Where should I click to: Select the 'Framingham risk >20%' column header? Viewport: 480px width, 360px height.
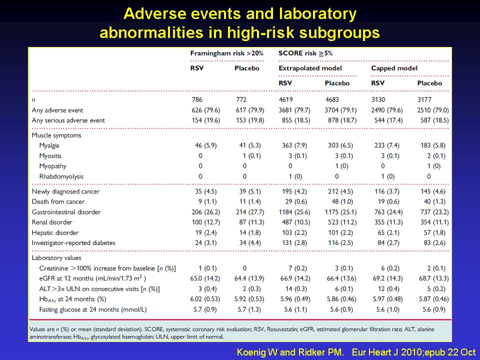point(227,53)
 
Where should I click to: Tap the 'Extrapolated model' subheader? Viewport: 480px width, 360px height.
point(310,68)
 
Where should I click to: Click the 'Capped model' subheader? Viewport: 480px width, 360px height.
point(394,68)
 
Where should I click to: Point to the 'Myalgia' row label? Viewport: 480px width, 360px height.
point(49,145)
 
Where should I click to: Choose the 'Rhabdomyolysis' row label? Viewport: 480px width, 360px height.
point(61,176)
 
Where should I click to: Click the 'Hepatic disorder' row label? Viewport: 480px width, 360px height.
point(55,232)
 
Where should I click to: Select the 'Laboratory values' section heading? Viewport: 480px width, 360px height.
point(56,258)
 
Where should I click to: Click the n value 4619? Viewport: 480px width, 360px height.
point(285,100)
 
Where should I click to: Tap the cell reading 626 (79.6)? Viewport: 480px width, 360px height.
point(205,110)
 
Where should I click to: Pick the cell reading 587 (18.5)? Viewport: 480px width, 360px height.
point(434,120)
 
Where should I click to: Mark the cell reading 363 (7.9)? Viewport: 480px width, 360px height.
point(294,145)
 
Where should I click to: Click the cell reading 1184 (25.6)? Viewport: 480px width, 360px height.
point(294,212)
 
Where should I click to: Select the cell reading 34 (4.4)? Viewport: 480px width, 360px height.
point(250,243)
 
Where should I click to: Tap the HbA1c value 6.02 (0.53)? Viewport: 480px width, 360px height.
point(205,299)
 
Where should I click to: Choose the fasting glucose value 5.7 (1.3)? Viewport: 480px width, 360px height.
point(249,309)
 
